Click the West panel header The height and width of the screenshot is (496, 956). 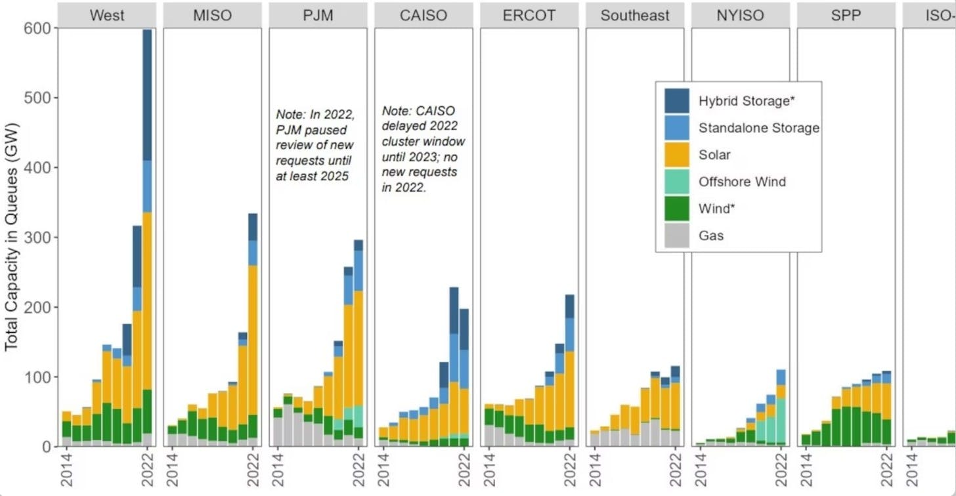coord(106,15)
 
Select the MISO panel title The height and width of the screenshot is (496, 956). coord(212,15)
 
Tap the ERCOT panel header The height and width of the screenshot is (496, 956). coord(529,15)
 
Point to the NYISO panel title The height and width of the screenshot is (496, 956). coord(741,15)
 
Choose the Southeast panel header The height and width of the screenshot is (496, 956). coord(635,15)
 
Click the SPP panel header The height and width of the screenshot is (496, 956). coord(846,15)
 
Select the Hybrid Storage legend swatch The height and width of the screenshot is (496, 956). coord(677,101)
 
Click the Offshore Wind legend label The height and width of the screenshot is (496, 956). coord(742,182)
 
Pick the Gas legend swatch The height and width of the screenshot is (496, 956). coord(677,236)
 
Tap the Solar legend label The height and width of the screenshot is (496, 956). coord(715,155)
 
